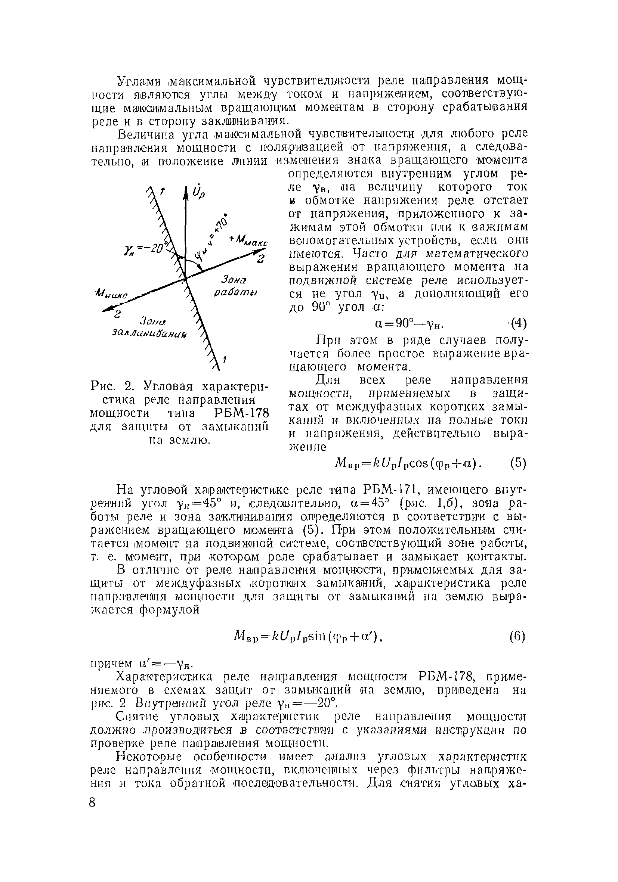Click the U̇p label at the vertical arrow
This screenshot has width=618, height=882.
(x=199, y=191)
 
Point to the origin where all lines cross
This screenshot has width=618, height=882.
(x=185, y=277)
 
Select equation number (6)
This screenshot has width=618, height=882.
(x=517, y=637)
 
